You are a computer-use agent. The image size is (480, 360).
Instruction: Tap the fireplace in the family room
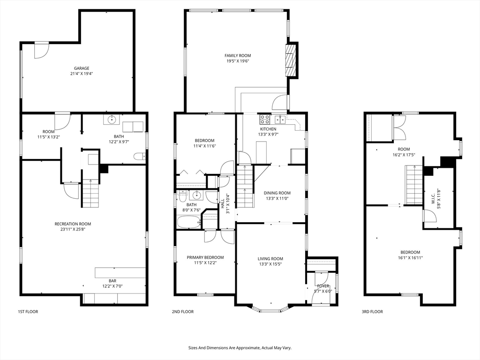point(292,60)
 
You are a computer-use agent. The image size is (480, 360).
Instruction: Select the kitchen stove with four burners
point(265,119)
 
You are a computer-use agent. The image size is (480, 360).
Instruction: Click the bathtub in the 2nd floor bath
point(189,222)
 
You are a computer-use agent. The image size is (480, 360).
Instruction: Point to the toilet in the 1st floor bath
point(139,157)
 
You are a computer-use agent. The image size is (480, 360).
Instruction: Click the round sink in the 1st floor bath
point(112,120)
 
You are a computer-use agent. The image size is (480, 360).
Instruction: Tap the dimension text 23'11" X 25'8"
point(73,229)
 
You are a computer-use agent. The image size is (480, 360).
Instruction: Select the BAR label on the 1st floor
point(112,281)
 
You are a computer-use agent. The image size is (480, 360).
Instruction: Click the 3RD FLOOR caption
point(372,312)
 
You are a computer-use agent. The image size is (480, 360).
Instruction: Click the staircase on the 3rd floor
point(414,185)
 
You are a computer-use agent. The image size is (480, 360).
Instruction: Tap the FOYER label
point(323,285)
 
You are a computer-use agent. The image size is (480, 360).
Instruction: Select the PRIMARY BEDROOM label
point(205,257)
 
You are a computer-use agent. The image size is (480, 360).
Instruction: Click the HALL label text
point(222,204)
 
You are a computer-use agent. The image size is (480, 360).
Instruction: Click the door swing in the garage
point(41,50)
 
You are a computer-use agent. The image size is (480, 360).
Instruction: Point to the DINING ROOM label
point(277,193)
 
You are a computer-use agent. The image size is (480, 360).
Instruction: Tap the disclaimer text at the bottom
point(240,348)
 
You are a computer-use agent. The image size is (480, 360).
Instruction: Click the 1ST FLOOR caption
point(28,312)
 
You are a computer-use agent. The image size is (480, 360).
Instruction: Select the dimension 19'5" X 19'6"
point(238,61)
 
